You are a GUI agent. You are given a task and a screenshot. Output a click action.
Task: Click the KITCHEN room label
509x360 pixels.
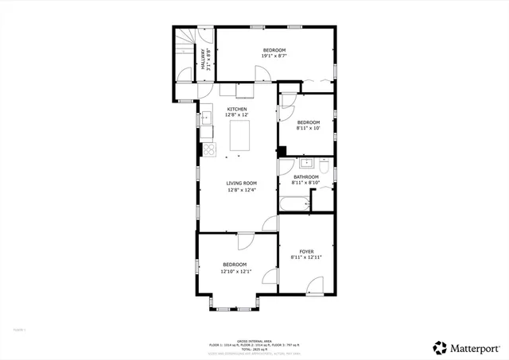point(237,109)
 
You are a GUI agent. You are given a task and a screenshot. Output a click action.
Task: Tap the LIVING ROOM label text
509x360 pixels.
point(241,183)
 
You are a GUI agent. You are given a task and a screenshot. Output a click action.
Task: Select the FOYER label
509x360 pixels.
point(306,251)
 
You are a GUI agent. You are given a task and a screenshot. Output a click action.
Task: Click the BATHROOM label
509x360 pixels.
point(305,176)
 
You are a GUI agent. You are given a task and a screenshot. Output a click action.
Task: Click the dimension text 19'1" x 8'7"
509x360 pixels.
point(274,56)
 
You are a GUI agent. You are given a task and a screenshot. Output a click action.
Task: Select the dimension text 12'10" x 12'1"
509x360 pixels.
point(235,271)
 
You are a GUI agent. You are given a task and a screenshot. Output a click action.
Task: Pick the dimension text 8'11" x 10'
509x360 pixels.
point(307,128)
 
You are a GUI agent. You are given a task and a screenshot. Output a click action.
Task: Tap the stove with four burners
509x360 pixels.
point(209,149)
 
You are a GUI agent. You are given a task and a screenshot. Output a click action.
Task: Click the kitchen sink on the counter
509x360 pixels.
point(205,118)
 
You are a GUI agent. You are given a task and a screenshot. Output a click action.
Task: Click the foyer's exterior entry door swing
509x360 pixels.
point(316,285)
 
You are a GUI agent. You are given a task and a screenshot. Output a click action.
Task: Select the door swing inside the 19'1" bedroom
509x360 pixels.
point(262,73)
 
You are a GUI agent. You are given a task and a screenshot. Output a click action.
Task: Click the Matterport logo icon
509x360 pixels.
point(439,347)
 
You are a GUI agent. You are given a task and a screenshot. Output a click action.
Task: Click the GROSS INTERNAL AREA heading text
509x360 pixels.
point(254,339)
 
